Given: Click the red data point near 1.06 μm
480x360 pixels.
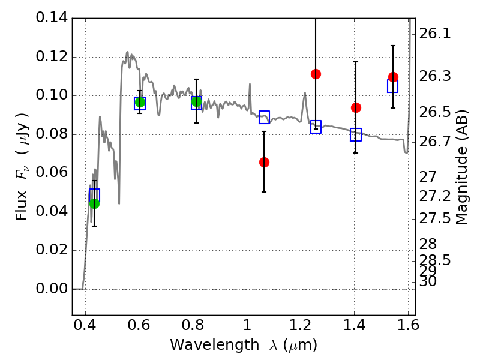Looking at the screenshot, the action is [x=264, y=162].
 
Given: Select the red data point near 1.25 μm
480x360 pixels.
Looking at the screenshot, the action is [x=316, y=74].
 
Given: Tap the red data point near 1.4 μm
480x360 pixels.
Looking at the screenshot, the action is [x=356, y=108].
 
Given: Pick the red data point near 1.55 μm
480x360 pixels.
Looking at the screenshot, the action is [x=393, y=77].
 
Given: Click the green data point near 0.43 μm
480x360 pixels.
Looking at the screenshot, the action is [x=95, y=203].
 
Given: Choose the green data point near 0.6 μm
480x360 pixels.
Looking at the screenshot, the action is [x=140, y=102].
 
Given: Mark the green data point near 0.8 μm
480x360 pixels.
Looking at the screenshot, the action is [x=197, y=101].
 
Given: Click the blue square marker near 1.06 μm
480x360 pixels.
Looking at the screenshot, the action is [x=264, y=117].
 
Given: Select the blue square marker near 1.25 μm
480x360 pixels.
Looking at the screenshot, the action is [x=316, y=127].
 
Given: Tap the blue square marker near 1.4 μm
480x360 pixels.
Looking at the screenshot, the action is [x=356, y=134].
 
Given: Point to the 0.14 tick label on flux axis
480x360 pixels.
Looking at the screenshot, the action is [x=52, y=17].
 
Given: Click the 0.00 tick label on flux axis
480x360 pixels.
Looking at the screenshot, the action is [x=52, y=289].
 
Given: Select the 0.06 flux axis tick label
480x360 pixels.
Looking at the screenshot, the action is [x=52, y=172].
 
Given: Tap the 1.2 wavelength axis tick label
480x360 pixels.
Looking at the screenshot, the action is [x=301, y=325].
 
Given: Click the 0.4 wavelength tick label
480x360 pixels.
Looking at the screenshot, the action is [x=85, y=325].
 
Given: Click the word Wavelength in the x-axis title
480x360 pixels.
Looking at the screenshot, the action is [x=215, y=345].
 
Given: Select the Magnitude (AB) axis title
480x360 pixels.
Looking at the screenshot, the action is [x=461, y=167].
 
